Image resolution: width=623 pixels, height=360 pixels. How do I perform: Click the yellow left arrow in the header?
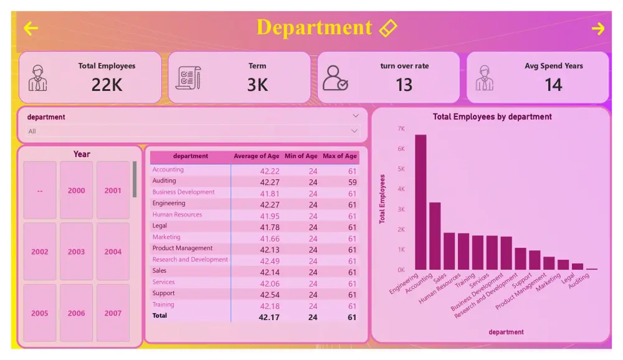[x=31, y=29]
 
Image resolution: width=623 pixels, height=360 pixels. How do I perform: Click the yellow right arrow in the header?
[x=598, y=29]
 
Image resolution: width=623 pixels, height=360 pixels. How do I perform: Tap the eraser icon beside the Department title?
[x=388, y=28]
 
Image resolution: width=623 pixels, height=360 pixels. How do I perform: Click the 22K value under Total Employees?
[x=107, y=85]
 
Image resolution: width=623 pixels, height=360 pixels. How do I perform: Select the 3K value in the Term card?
[x=257, y=85]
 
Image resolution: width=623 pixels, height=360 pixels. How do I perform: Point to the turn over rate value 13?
[x=404, y=85]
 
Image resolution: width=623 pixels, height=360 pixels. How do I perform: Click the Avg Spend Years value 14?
[x=553, y=85]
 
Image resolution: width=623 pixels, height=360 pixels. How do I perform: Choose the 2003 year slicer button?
[x=76, y=252]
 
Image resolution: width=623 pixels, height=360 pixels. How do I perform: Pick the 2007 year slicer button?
[x=113, y=313]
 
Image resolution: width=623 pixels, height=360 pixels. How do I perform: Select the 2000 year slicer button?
[x=76, y=191]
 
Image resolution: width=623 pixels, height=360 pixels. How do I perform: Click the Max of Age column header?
[x=340, y=156]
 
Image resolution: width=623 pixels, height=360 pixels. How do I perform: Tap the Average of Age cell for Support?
[x=270, y=295]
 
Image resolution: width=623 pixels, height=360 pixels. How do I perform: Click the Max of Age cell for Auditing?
[x=352, y=182]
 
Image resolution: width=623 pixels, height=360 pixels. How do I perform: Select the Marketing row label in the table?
[x=166, y=237]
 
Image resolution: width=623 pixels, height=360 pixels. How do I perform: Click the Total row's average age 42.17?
[x=269, y=317]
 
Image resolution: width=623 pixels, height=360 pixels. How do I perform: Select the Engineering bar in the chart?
[x=421, y=202]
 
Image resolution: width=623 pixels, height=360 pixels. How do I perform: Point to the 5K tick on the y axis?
[x=401, y=169]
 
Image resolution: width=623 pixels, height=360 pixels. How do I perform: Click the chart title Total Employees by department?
[x=492, y=116]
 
